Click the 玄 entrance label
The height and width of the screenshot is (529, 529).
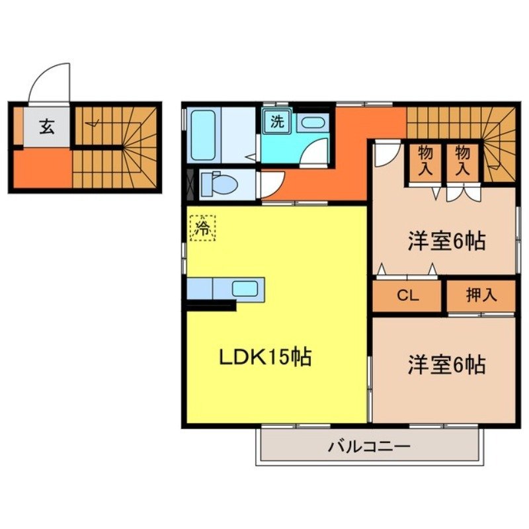[46, 125]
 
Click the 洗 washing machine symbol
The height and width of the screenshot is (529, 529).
[276, 122]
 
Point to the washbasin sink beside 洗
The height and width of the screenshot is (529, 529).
[310, 122]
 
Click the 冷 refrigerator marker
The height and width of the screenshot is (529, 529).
[202, 229]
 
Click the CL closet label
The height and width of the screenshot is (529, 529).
[407, 296]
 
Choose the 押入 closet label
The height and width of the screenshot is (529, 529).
[481, 296]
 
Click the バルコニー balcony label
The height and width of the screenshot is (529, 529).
[369, 447]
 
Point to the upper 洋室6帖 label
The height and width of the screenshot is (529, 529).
[446, 241]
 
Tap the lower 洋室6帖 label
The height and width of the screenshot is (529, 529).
[446, 364]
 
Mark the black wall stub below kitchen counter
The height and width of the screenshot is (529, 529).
[211, 305]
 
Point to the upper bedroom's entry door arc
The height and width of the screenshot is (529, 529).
[386, 153]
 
